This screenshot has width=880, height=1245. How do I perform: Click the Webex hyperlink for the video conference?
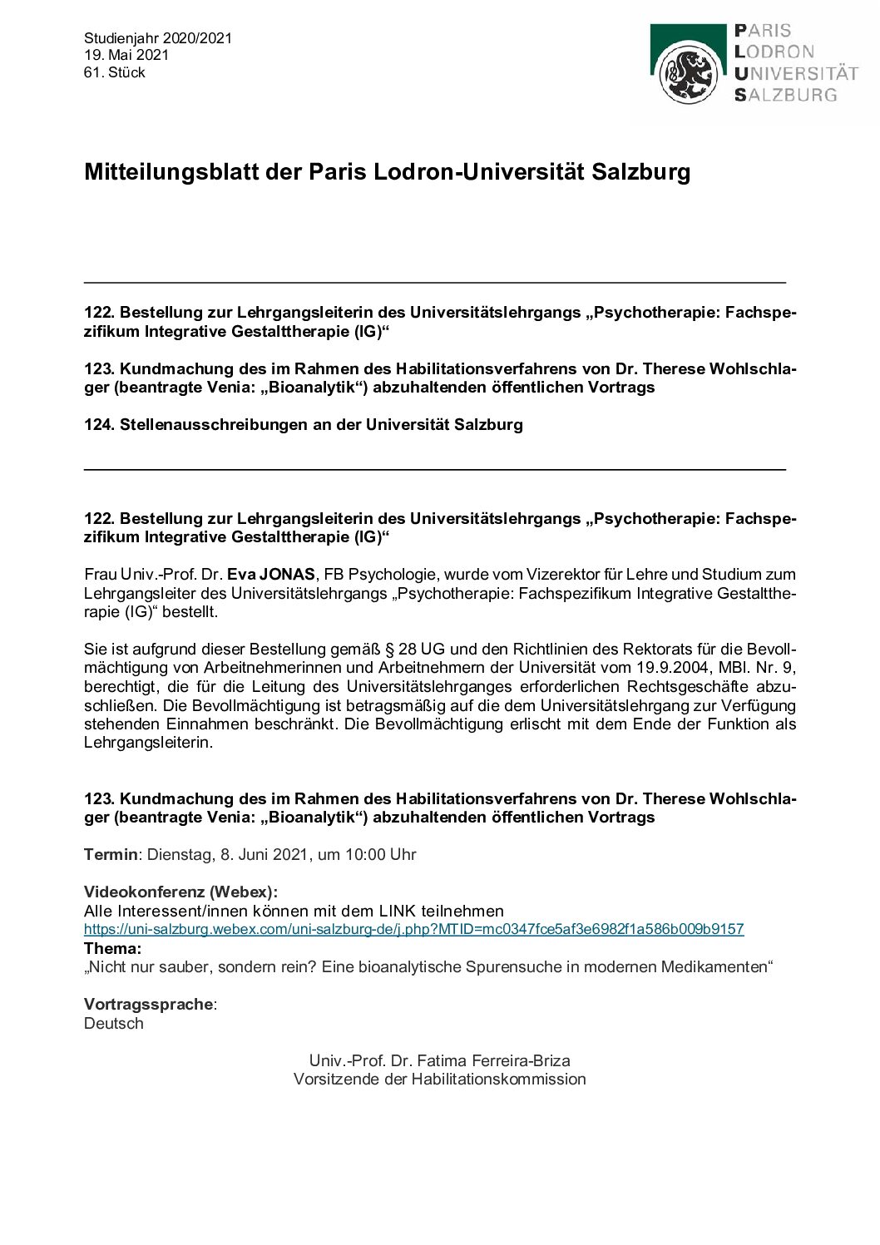point(413,929)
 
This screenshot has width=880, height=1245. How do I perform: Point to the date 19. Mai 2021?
point(126,55)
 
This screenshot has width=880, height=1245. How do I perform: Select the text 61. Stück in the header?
point(115,72)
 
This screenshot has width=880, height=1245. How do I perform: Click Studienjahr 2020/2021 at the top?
point(158,38)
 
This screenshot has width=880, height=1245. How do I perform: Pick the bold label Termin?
point(110,854)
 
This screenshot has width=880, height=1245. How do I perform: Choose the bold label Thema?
point(112,948)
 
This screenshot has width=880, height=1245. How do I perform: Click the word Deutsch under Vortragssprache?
point(114,1024)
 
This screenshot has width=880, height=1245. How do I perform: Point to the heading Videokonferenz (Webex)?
point(180,892)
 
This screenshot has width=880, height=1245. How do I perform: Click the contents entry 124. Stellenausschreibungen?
point(303,425)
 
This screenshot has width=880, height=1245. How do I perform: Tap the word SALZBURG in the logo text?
point(785,95)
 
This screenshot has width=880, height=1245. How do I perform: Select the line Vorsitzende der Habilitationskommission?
point(439,1079)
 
